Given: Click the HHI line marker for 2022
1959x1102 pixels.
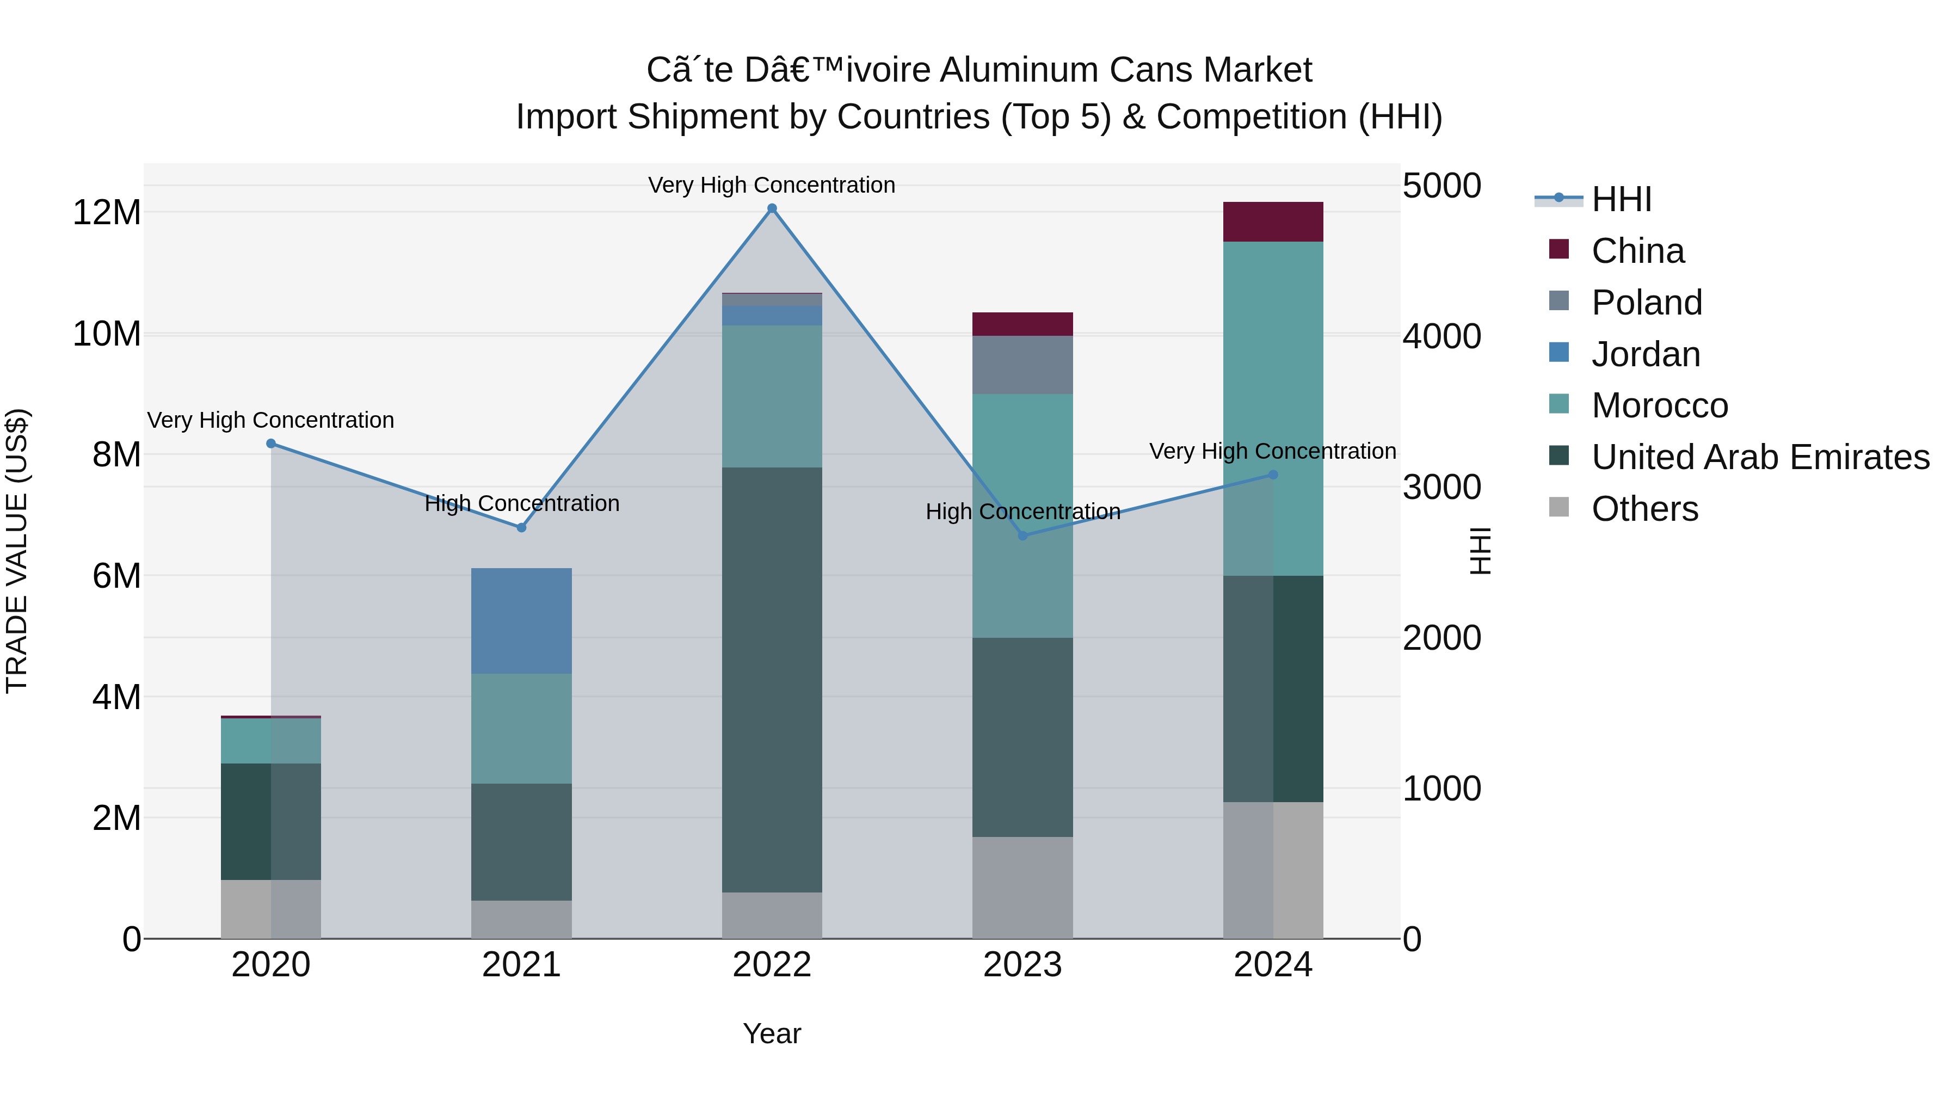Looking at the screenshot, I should tap(772, 208).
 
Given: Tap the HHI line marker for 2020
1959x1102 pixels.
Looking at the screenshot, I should tap(271, 444).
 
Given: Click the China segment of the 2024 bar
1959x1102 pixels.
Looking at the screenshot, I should tap(1273, 222).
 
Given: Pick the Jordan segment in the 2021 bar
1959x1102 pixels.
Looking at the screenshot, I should tap(522, 620).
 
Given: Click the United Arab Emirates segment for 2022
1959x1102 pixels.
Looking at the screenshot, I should tap(772, 679).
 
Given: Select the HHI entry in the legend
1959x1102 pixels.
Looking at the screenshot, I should tap(1620, 199).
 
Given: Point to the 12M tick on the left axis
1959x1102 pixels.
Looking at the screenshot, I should tap(107, 212).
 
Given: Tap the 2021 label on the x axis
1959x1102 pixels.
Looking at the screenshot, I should tap(522, 965).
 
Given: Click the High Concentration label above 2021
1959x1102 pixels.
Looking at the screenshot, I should tap(522, 503).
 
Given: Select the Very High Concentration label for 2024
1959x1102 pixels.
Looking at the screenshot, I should tap(1272, 451).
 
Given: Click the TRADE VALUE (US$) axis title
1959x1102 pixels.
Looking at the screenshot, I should tap(17, 551).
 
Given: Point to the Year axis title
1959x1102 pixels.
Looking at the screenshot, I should tap(772, 1033).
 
